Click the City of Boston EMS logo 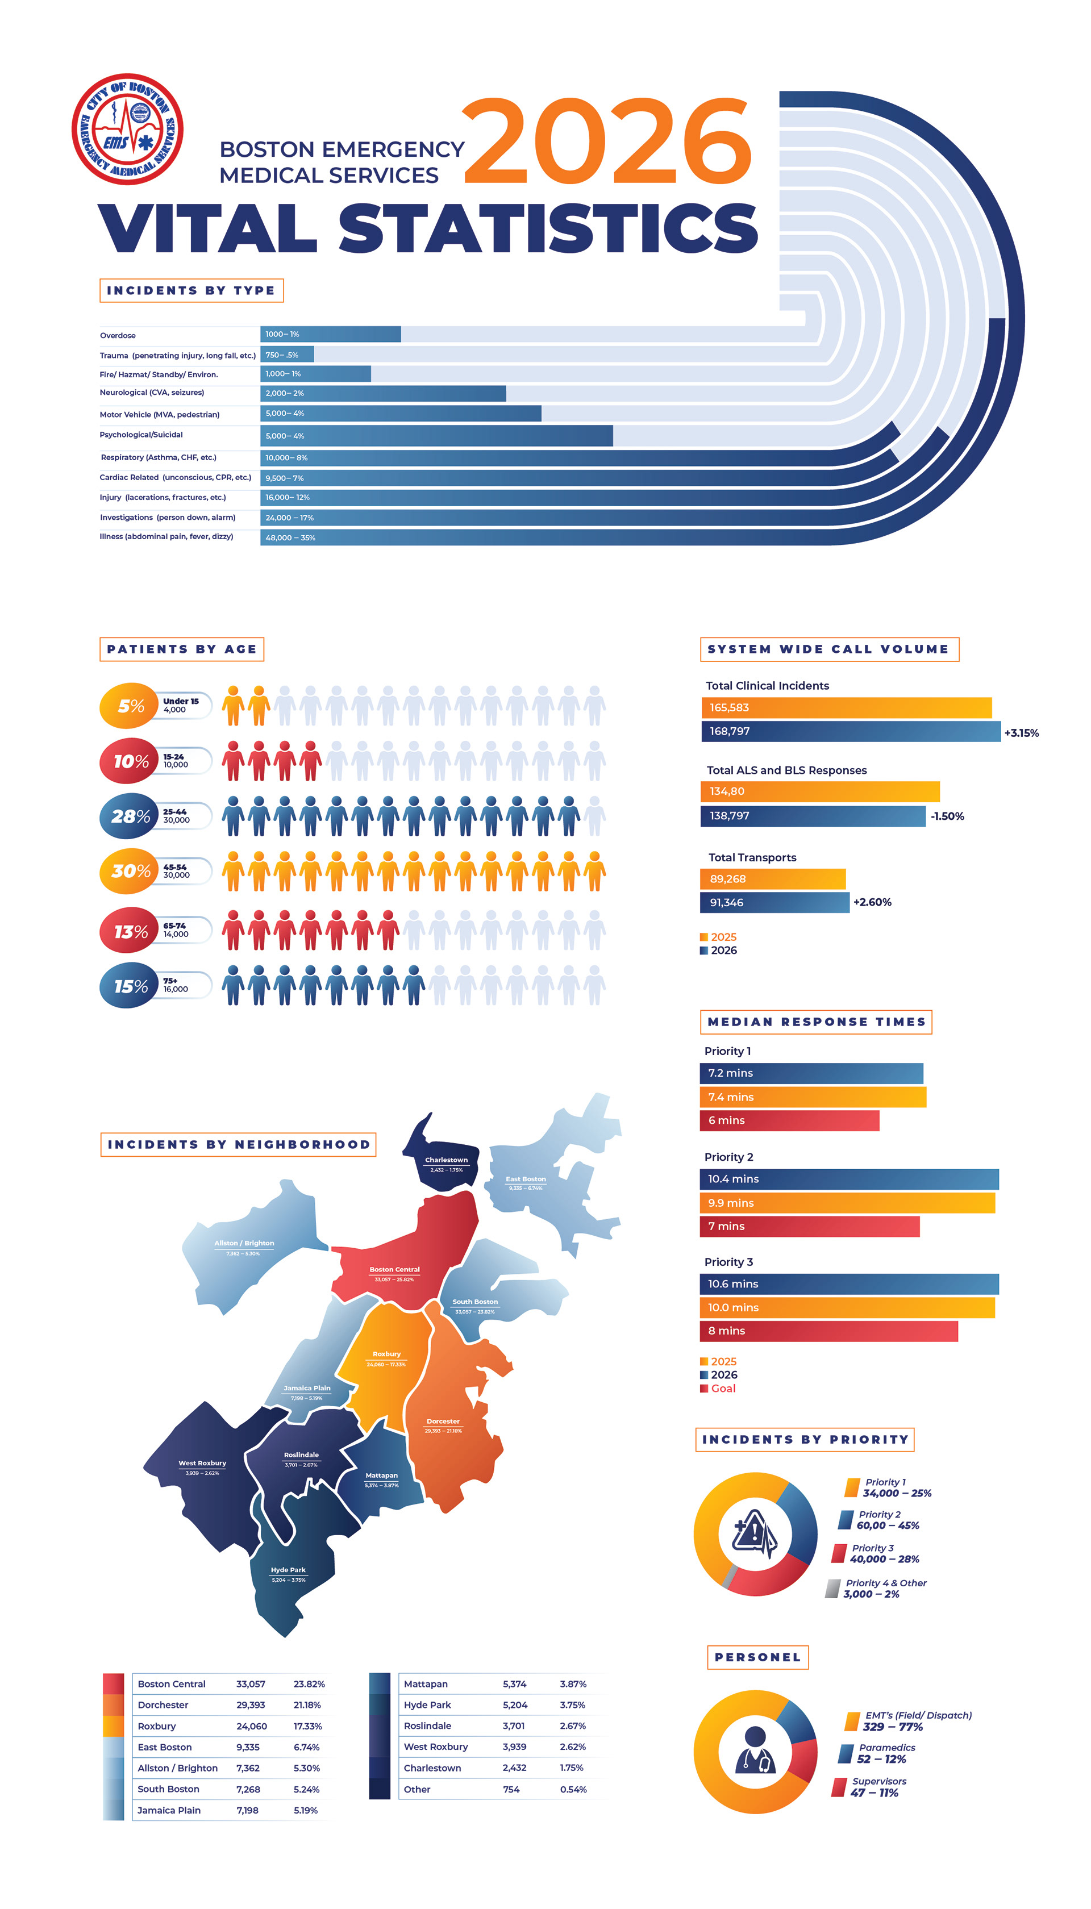[127, 129]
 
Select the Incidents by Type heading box [191, 291]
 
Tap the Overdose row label [118, 336]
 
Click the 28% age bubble [130, 816]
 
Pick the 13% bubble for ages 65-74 [130, 931]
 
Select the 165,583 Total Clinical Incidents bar [845, 707]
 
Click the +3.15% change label [1021, 733]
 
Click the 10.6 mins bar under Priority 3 [848, 1283]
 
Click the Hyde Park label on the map [289, 1570]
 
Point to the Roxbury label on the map [386, 1354]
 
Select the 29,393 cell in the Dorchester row [250, 1704]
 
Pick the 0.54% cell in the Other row [573, 1789]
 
